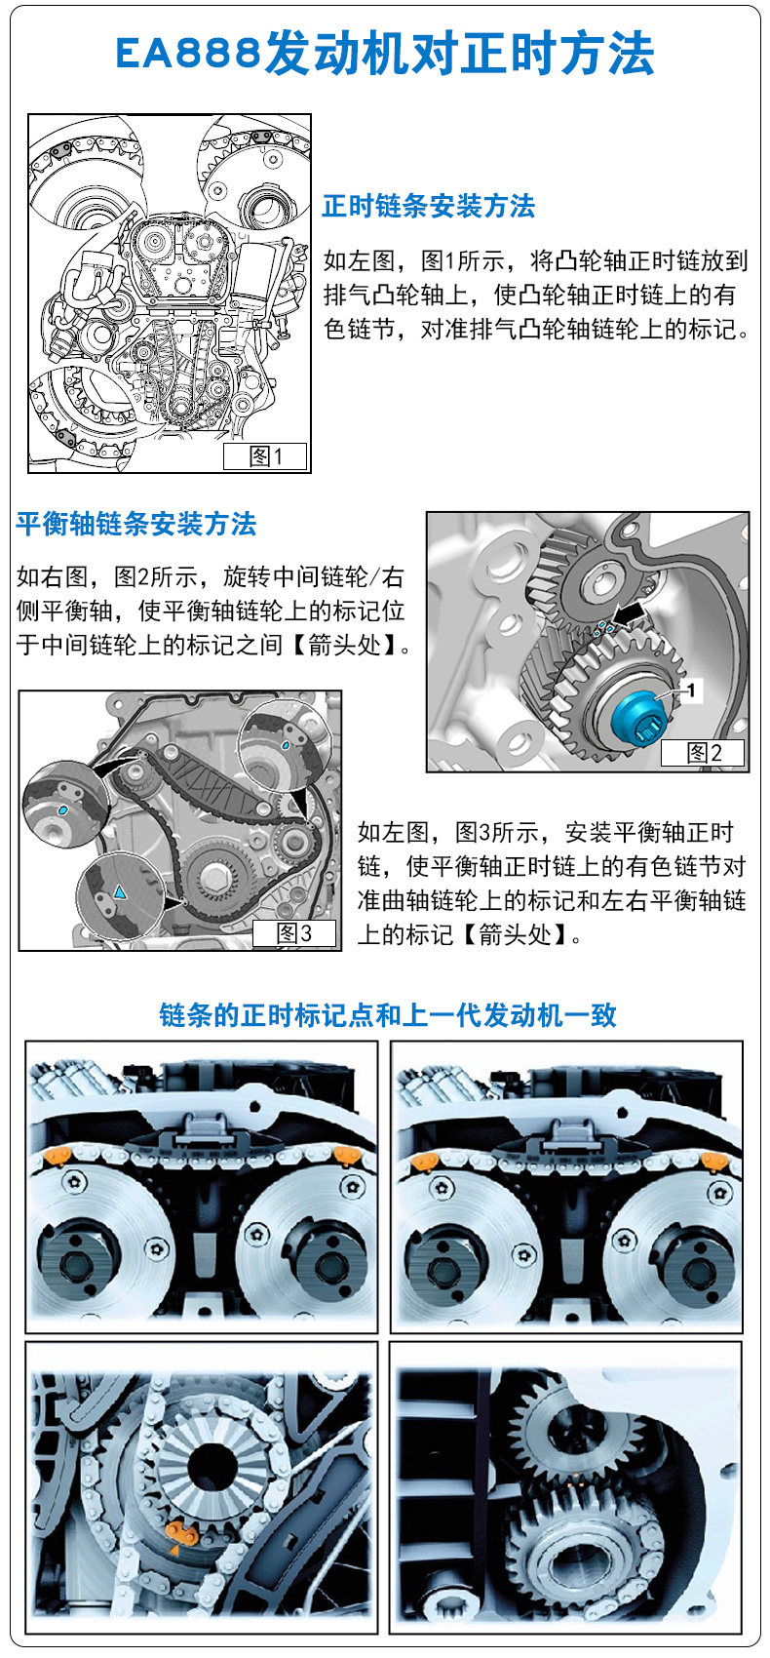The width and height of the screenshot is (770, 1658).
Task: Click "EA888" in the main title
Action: coord(188,54)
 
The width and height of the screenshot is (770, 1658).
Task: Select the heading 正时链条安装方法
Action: coord(428,207)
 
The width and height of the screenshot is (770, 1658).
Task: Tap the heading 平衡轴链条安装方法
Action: coord(136,525)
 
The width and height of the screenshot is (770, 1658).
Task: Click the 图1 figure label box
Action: coord(265,456)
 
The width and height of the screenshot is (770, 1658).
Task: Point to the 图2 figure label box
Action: coord(703,752)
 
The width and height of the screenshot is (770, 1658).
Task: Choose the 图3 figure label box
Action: coord(294,932)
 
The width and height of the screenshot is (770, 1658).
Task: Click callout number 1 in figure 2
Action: coord(693,691)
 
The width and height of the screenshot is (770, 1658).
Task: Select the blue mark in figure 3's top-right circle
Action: coord(286,743)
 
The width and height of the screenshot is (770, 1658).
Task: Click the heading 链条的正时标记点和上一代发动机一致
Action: coord(388,1015)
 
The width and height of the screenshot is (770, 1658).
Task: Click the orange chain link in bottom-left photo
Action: coord(181,1533)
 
